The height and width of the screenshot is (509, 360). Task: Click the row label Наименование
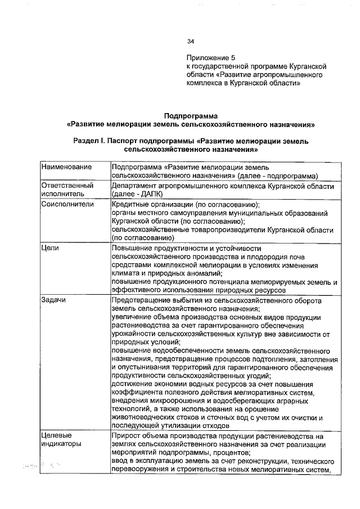(66, 168)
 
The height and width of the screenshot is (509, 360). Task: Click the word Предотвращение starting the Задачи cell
(142, 300)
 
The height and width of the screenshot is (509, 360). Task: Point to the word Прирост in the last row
(128, 436)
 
